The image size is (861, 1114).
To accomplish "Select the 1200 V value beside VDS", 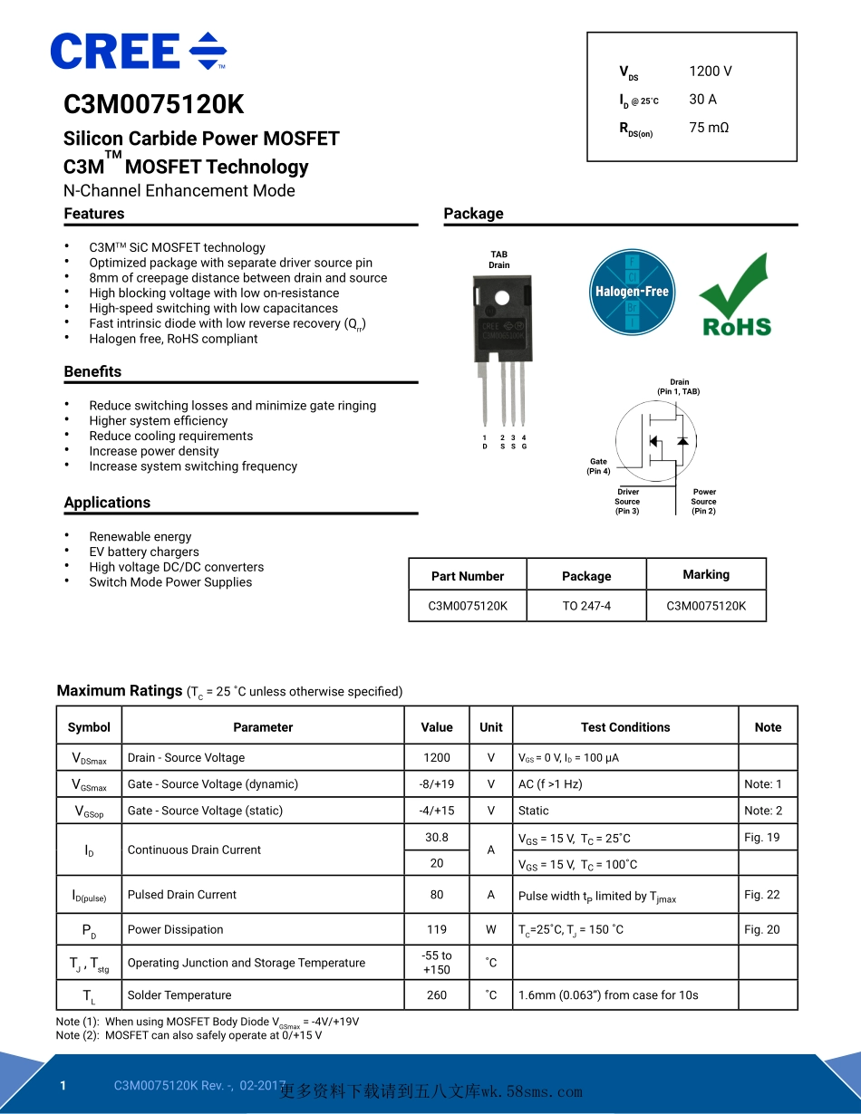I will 710,72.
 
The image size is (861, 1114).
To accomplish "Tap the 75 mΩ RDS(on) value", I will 708,128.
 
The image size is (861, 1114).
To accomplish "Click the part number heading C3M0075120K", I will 154,105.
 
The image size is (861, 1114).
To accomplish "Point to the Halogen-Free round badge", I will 631,291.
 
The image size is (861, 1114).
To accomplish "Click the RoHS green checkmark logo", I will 735,296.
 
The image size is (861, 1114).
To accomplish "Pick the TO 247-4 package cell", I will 586,606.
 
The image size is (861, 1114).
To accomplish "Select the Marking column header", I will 706,574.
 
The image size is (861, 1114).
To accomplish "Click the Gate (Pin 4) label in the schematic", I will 598,466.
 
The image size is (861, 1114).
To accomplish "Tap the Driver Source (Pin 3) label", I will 627,502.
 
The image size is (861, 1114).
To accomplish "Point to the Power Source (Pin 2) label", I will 704,502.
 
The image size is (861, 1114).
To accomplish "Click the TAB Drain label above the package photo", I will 498,260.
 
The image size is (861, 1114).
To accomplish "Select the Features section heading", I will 94,214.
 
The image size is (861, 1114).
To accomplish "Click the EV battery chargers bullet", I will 144,552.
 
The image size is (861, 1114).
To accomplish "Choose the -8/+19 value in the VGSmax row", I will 437,784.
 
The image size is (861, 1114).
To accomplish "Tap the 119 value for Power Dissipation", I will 437,929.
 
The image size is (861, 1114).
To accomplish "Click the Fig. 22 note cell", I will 761,895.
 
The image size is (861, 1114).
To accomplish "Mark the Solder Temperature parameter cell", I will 179,995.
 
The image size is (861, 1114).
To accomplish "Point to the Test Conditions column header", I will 625,727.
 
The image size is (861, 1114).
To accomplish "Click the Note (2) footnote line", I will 189,1035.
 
